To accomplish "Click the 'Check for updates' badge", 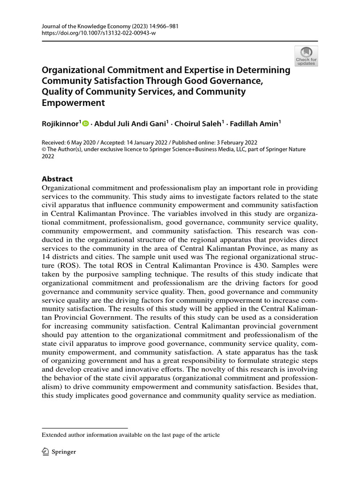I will tap(306, 55).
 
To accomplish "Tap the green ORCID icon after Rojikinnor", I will tap(85, 124).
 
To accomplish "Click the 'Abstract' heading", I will tap(58, 179).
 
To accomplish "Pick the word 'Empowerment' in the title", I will tap(73, 103).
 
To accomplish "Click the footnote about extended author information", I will tap(131, 435).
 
